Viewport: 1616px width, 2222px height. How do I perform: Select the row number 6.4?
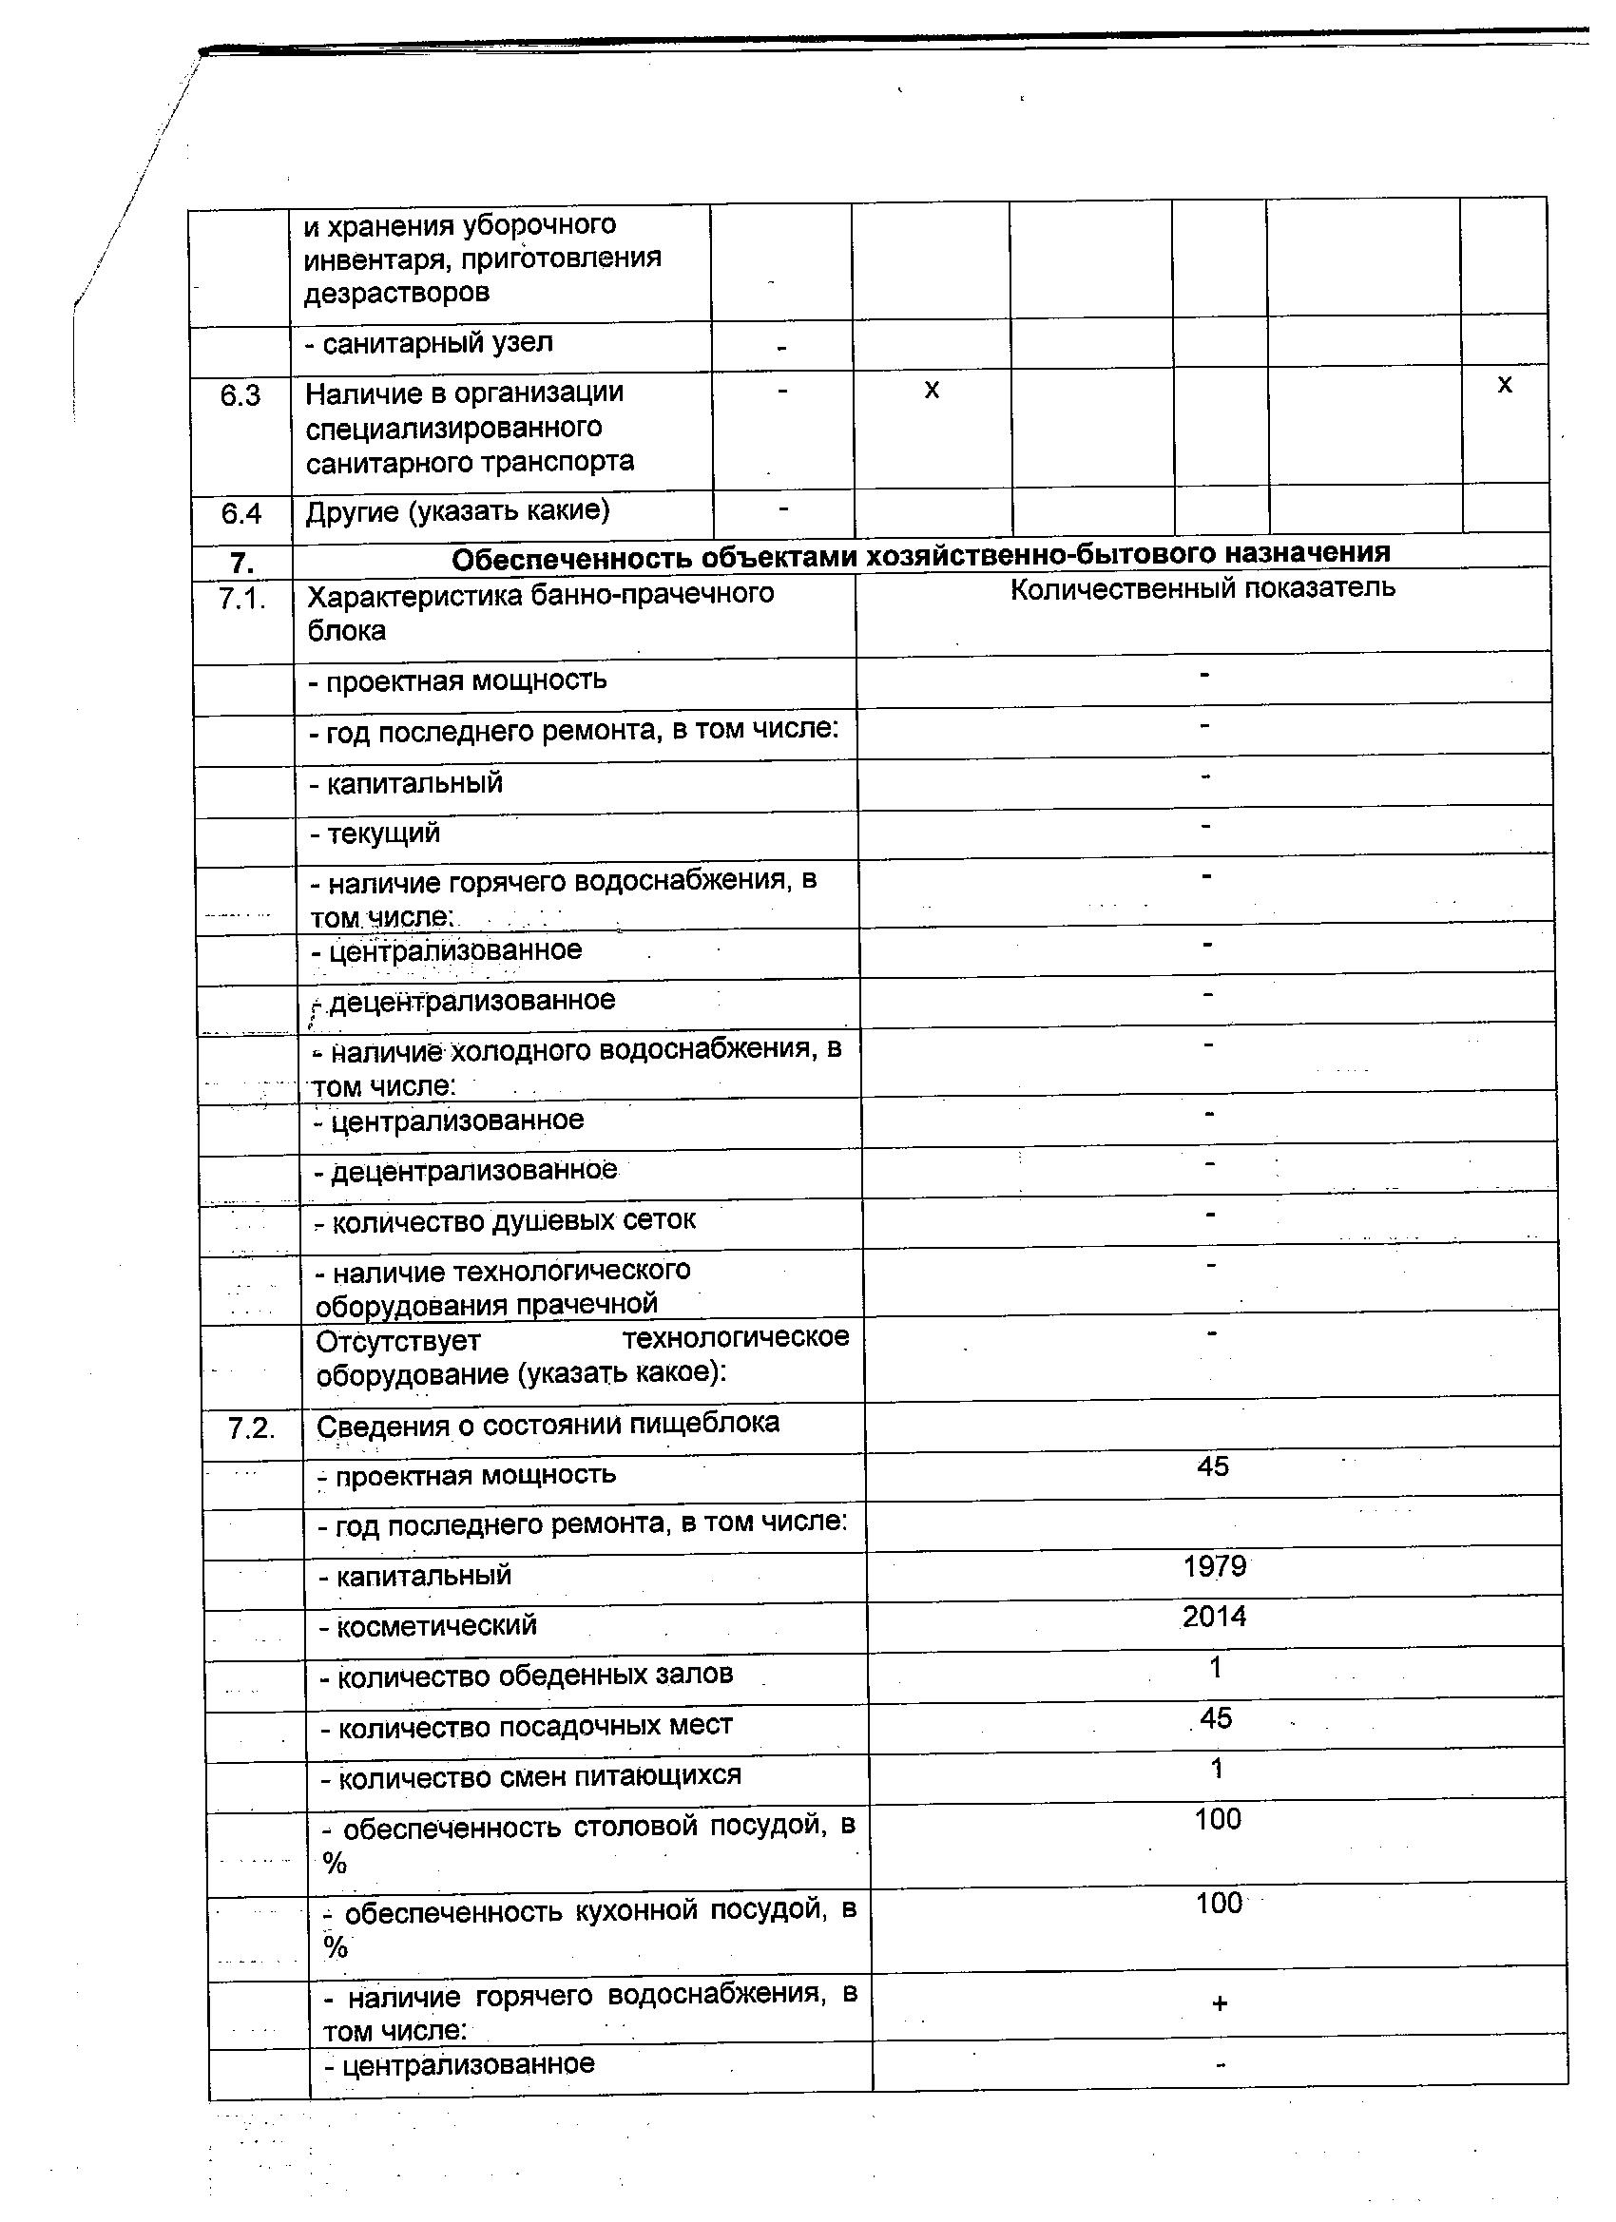[240, 513]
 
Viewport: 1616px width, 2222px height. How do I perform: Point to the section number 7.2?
[252, 1428]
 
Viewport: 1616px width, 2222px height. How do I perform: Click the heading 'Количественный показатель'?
[1202, 589]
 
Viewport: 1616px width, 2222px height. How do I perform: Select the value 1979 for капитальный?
[1214, 1566]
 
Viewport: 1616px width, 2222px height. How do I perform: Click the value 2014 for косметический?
[1214, 1617]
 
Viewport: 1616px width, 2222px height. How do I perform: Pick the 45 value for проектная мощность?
[1212, 1466]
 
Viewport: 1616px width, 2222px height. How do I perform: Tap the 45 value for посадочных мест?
[1215, 1718]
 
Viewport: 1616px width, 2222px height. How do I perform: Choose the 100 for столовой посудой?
[1218, 1819]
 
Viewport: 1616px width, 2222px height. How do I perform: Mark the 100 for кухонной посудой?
[1219, 1904]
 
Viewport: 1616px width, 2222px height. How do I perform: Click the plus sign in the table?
[1219, 2004]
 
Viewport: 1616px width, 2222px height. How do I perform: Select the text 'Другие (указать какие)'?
[456, 511]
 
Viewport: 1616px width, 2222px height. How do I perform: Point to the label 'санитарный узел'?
[437, 343]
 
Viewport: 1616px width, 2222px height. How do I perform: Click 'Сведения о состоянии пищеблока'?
[548, 1424]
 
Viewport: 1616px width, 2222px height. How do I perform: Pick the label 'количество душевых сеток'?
[505, 1221]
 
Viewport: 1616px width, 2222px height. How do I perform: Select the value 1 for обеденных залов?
[1216, 1668]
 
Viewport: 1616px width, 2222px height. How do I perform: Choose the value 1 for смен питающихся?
[1217, 1769]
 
